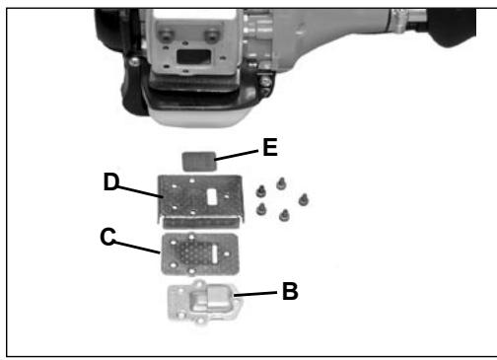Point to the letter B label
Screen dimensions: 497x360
(x=290, y=292)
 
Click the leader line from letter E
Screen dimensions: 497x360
(x=238, y=154)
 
